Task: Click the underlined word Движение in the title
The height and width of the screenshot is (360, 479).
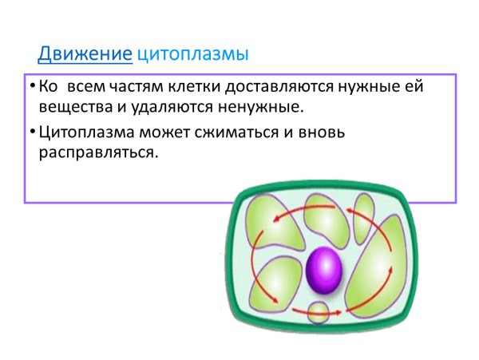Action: (85, 54)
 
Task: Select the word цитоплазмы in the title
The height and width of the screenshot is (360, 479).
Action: (192, 54)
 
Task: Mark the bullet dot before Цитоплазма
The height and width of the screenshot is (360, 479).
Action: (30, 129)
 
